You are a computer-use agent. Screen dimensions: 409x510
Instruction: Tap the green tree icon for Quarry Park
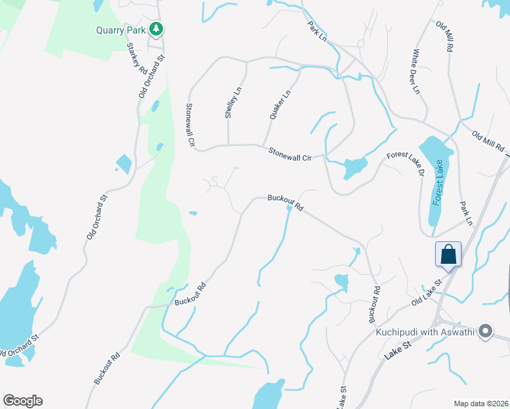pyautogui.click(x=157, y=29)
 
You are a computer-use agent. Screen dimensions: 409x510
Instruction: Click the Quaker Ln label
pyautogui.click(x=280, y=104)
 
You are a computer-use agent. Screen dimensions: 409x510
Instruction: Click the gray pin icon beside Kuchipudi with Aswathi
pyautogui.click(x=485, y=332)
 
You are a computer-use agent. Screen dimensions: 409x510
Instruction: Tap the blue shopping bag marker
pyautogui.click(x=449, y=254)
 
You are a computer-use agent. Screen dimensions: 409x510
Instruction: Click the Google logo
pyautogui.click(x=22, y=401)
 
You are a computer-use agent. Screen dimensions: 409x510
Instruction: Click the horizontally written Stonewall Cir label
pyautogui.click(x=289, y=154)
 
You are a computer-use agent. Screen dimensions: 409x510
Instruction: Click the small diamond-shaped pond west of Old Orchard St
pyautogui.click(x=123, y=164)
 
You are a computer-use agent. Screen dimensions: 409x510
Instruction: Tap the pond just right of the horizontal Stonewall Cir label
pyautogui.click(x=354, y=167)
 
